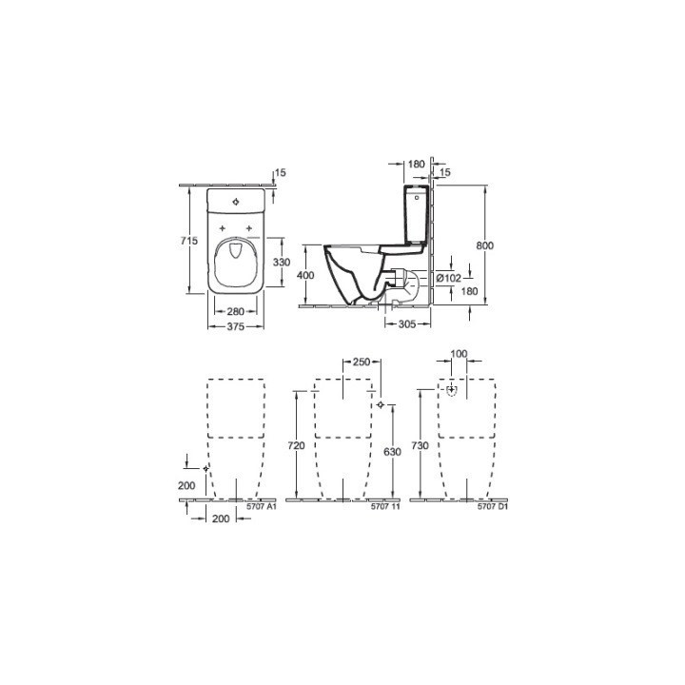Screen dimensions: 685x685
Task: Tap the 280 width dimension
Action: tap(237, 310)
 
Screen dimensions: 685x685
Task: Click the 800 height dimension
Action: tap(485, 245)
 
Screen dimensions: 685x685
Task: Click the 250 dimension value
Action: tap(361, 362)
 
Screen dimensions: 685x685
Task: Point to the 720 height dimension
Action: tap(297, 445)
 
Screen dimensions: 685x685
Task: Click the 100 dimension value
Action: tap(460, 354)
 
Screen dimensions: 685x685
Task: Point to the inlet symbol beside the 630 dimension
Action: tap(380, 405)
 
